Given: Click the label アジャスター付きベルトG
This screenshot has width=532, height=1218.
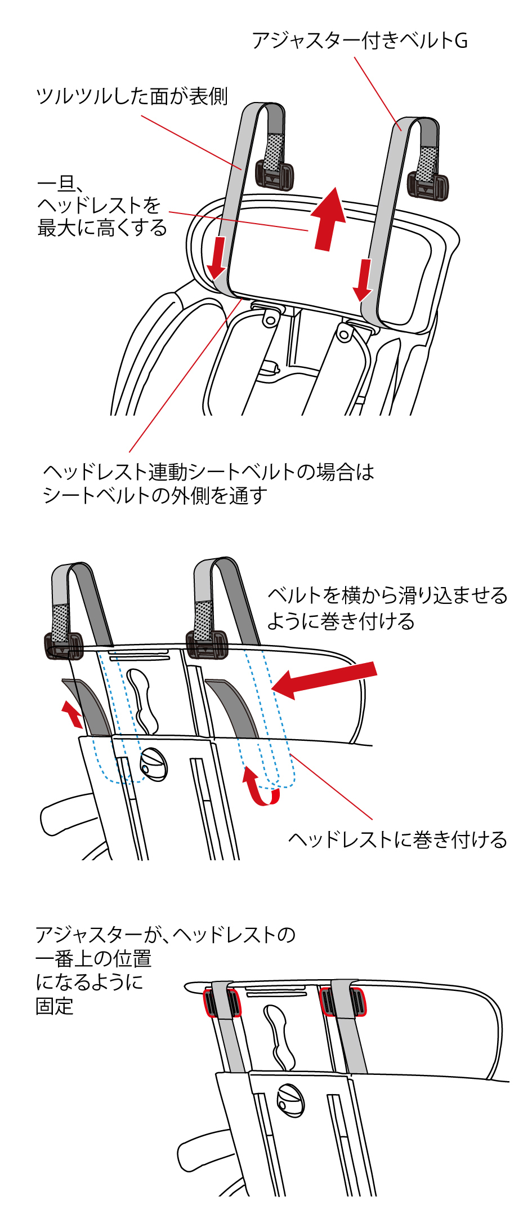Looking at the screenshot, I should [359, 41].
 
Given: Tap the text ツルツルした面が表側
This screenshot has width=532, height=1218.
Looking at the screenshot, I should [132, 96].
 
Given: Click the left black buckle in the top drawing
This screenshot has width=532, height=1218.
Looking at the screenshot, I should [274, 175].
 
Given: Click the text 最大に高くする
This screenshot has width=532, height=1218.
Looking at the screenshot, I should [102, 228].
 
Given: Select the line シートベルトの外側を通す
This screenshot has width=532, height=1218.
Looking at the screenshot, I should [155, 496].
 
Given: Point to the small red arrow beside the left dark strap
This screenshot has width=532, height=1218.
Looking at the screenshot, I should [71, 713].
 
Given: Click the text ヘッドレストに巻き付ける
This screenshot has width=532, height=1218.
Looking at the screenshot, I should [397, 840].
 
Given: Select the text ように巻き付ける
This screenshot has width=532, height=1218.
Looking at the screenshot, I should [341, 621].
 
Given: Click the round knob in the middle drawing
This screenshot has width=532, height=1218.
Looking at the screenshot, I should [154, 763].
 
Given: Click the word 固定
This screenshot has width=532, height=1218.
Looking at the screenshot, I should [55, 1006].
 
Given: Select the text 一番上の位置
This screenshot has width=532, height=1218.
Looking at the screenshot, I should [93, 958].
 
